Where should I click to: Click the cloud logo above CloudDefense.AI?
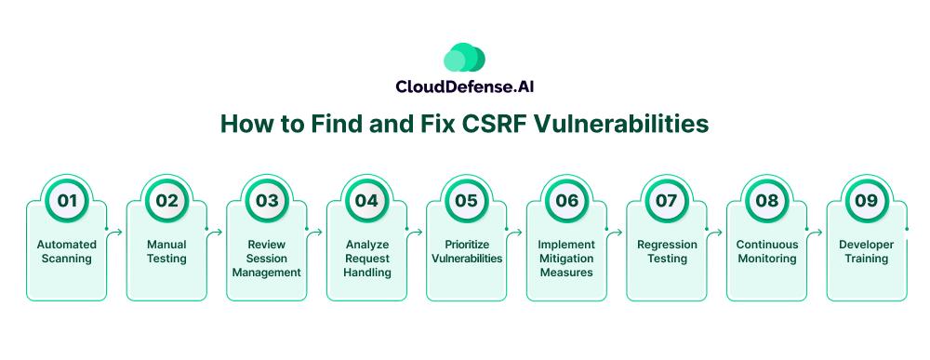464,58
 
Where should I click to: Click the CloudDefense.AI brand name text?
464,87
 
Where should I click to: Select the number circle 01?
67,200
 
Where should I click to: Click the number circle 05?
466,200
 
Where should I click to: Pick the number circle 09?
866,200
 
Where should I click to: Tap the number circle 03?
267,200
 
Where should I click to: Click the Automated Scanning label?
66,251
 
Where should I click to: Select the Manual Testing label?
166,251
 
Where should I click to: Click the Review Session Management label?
267,259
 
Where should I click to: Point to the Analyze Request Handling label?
367,259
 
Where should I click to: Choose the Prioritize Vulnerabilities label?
467,251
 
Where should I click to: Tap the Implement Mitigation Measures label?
566,259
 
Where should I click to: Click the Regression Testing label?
667,251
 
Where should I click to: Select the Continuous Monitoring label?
767,251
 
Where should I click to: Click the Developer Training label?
867,251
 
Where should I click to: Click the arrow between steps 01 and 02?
114,231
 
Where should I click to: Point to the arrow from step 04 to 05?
415,231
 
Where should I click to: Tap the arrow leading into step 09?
815,231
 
